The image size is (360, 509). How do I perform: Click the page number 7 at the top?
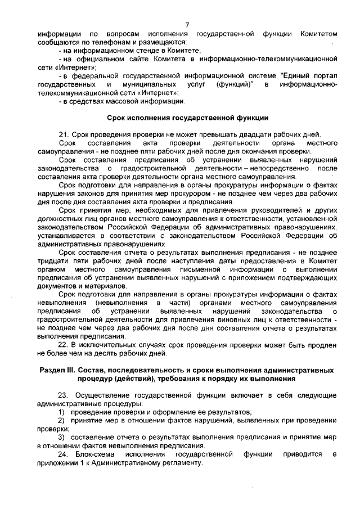(186, 24)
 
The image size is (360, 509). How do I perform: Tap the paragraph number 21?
(64, 134)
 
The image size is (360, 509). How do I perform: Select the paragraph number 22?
(64, 344)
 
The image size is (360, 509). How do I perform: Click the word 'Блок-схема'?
(94, 453)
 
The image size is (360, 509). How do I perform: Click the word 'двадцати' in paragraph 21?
(251, 134)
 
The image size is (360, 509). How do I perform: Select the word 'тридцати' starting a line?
(52, 260)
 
